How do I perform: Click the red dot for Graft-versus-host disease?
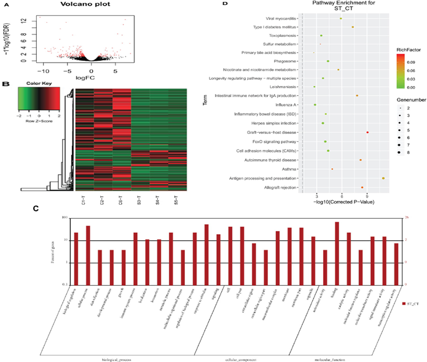click(x=367, y=132)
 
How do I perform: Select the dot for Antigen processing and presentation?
click(x=383, y=178)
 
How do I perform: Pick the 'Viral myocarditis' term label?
click(x=283, y=18)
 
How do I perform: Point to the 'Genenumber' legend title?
click(x=407, y=98)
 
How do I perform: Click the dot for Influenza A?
click(x=315, y=105)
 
